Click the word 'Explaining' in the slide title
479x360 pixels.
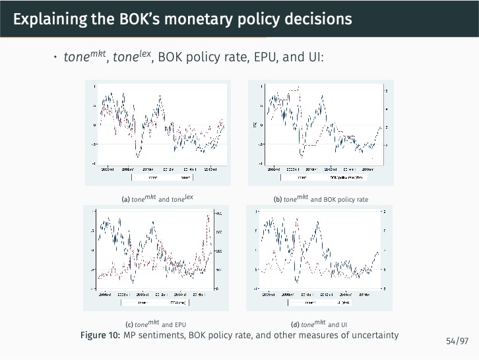coord(48,19)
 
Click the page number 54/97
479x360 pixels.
coord(457,341)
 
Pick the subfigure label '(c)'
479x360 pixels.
coord(129,324)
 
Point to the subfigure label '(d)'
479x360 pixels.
coord(295,324)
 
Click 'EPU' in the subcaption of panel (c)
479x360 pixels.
coord(181,324)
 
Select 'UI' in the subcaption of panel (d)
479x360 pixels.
coord(344,324)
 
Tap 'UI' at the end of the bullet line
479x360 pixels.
coord(315,57)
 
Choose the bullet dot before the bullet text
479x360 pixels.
coord(55,57)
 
